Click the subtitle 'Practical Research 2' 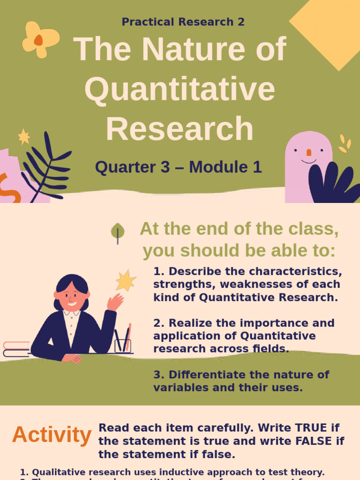[x=183, y=22]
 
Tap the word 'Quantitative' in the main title [x=180, y=89]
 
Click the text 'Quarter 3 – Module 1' [x=178, y=167]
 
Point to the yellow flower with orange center [x=40, y=39]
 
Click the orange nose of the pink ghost [x=308, y=152]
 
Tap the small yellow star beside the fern [x=24, y=136]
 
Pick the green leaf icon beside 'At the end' [x=118, y=231]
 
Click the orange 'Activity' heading [x=52, y=435]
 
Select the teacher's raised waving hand [x=115, y=302]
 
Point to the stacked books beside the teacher [x=16, y=350]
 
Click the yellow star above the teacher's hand [x=126, y=280]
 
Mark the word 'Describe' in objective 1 [x=190, y=271]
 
